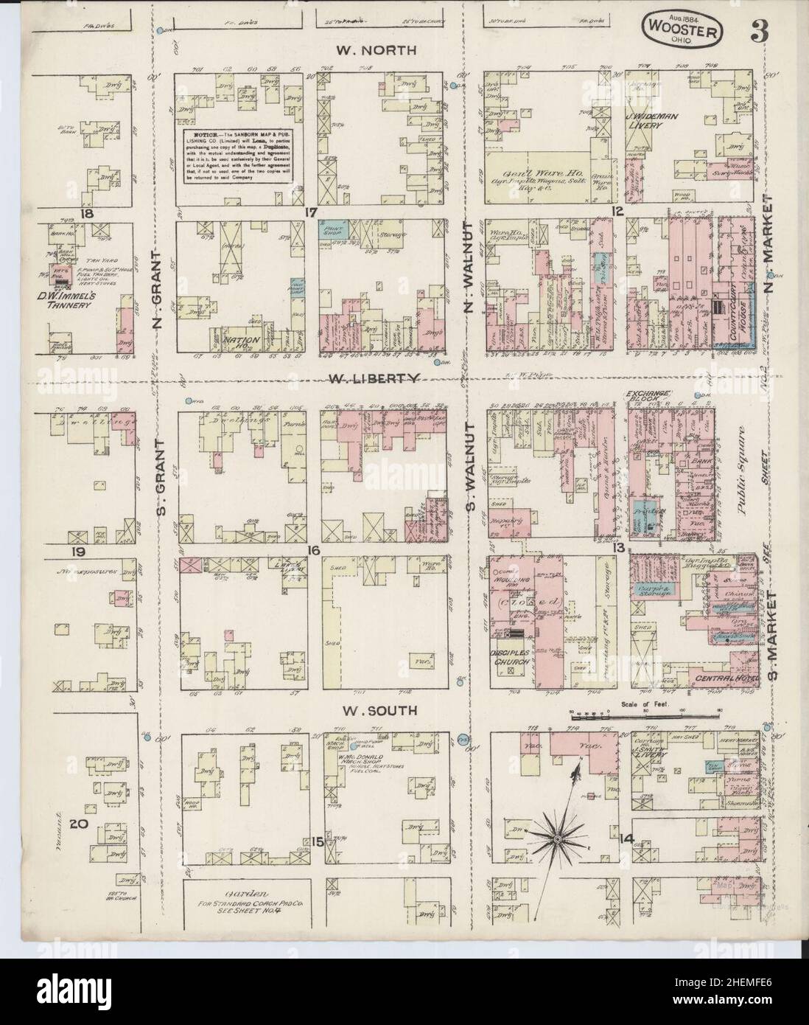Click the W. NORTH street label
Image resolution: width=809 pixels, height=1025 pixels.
pyautogui.click(x=376, y=51)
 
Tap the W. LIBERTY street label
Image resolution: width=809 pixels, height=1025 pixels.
pyautogui.click(x=374, y=378)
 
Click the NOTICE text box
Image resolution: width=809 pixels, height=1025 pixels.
pyautogui.click(x=237, y=160)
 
